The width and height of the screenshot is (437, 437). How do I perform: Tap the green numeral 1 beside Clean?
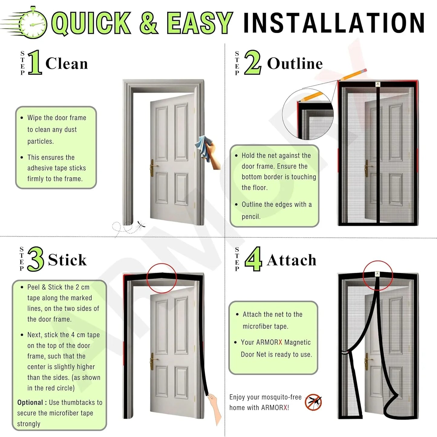[35, 63]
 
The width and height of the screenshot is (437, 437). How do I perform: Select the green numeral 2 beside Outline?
[253, 63]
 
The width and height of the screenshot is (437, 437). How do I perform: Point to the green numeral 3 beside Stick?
[36, 259]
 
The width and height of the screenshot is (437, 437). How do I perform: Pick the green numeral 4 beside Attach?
[253, 259]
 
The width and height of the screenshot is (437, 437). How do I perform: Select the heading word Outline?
[295, 64]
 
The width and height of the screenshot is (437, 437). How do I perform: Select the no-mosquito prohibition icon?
[313, 402]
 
